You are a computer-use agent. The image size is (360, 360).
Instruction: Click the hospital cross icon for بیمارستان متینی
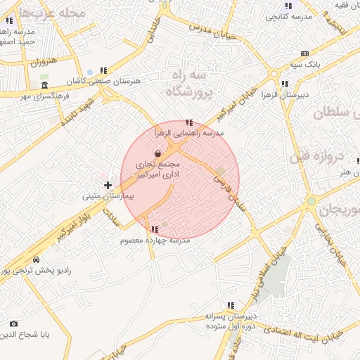[108, 186]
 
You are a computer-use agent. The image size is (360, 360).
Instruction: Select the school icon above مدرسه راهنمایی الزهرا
[188, 123]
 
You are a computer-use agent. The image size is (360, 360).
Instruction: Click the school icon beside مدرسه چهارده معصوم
[155, 229]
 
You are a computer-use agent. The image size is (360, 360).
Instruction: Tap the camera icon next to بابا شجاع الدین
[13, 323]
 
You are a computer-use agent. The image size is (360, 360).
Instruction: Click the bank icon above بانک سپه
[304, 53]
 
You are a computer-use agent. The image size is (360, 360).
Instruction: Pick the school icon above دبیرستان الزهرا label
[284, 84]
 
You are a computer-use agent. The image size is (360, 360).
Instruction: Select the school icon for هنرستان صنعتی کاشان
[103, 70]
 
